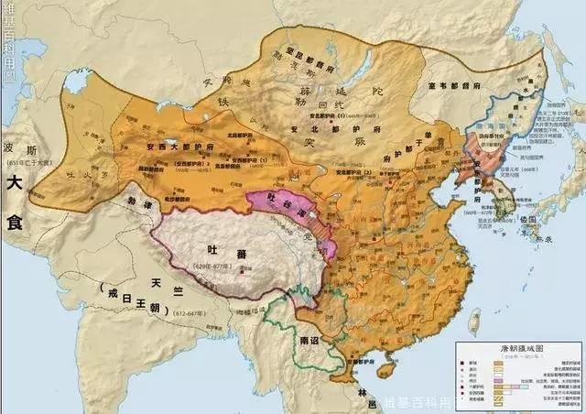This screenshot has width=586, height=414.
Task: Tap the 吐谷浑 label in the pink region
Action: [x=285, y=208]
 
